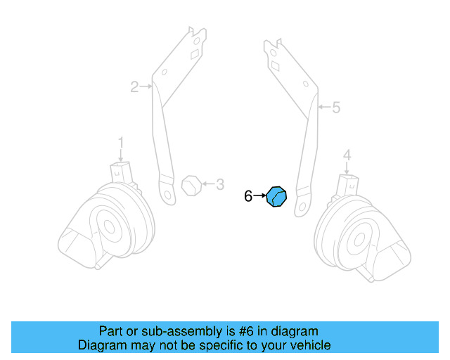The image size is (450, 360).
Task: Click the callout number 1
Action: [x=120, y=143]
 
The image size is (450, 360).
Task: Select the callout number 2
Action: [x=134, y=87]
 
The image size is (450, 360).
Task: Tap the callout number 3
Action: [x=220, y=185]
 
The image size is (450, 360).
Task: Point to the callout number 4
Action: [x=347, y=154]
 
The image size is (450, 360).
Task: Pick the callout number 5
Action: [x=335, y=108]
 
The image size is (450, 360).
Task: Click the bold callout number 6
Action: [x=247, y=197]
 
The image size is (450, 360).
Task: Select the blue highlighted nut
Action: [x=277, y=197]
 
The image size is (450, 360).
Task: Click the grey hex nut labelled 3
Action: [x=190, y=186]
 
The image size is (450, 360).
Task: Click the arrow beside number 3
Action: [x=207, y=186]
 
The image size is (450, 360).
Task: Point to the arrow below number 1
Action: [x=120, y=156]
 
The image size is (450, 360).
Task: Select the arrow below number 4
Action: [x=347, y=167]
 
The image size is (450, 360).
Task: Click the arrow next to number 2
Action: [x=146, y=87]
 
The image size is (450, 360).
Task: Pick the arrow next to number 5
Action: [x=323, y=108]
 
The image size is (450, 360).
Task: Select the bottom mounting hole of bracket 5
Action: [x=302, y=207]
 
